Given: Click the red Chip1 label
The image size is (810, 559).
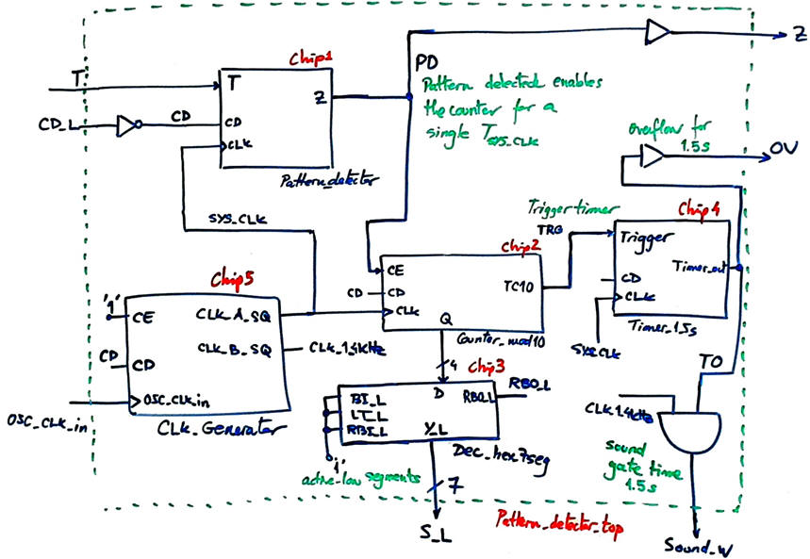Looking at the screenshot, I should (310, 58).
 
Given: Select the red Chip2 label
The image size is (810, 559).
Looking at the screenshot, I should (520, 246).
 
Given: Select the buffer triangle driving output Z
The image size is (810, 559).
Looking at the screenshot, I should (657, 34).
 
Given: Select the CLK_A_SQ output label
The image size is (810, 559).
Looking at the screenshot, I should (234, 313).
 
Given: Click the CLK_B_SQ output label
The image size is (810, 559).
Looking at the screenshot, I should (234, 349).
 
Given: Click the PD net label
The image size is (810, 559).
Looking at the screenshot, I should (426, 62).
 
